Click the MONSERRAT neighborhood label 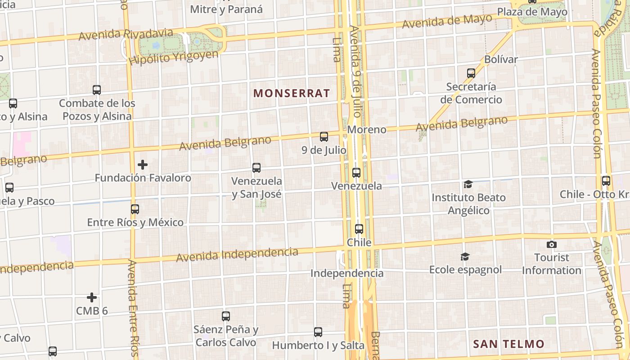[292, 94]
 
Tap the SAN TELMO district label [508, 344]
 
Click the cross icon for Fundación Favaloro [143, 165]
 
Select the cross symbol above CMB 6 [92, 297]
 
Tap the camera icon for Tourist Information [552, 244]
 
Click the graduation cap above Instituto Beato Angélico [468, 184]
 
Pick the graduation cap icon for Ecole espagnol [465, 256]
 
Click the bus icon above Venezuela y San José [256, 168]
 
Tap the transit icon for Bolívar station [471, 73]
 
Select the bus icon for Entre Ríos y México [135, 209]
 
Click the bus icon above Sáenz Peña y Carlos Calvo [226, 316]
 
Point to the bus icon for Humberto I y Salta [318, 332]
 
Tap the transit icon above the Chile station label [359, 229]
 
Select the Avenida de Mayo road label [447, 21]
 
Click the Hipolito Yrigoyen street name [173, 58]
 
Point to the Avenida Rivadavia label [126, 34]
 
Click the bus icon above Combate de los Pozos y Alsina [97, 90]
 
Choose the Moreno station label [367, 130]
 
